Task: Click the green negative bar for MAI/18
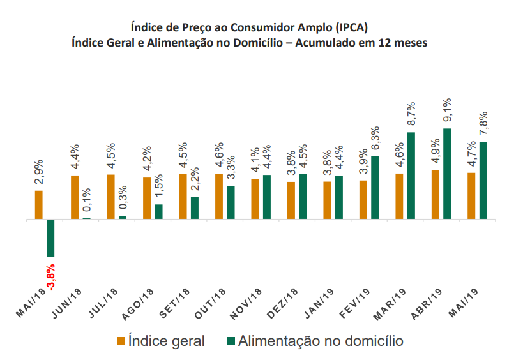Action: (x=50, y=238)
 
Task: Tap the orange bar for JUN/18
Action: (x=75, y=197)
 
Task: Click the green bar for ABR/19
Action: (x=447, y=174)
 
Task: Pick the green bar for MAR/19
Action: (x=411, y=176)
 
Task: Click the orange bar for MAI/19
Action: (x=471, y=196)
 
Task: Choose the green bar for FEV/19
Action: (x=375, y=188)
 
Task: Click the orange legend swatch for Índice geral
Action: (x=120, y=340)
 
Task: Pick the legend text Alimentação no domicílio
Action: (x=321, y=340)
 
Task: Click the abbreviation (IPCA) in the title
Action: (x=350, y=27)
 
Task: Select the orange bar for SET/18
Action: (x=183, y=197)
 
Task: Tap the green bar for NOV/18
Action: (x=267, y=197)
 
